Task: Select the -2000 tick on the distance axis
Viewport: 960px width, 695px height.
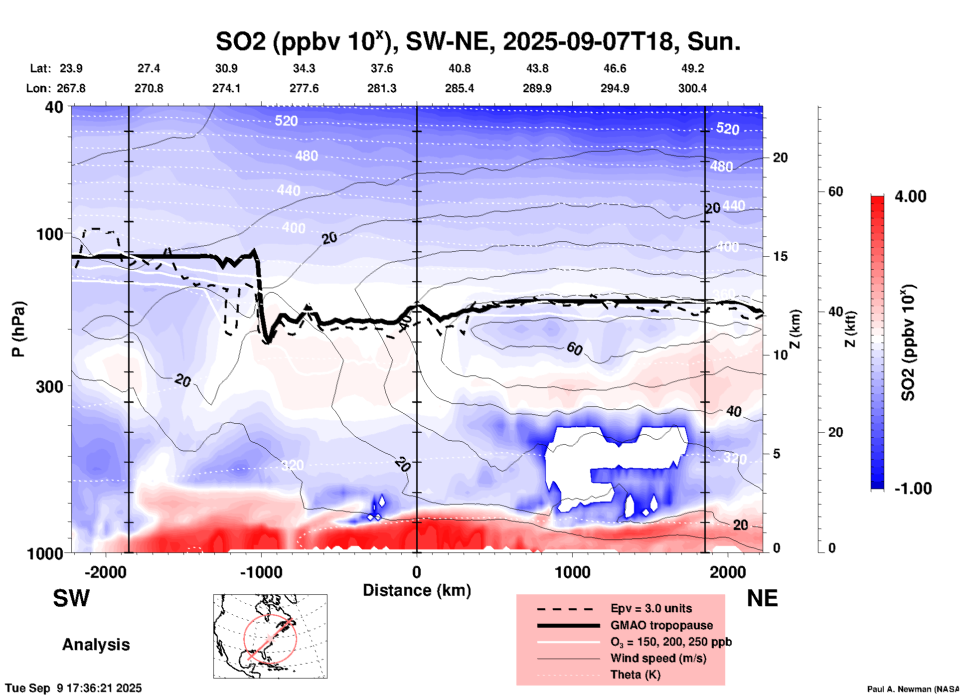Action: tap(105, 572)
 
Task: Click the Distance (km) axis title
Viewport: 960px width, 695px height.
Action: tap(417, 590)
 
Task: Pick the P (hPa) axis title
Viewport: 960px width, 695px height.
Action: tap(18, 329)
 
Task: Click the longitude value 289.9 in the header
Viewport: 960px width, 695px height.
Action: tap(537, 88)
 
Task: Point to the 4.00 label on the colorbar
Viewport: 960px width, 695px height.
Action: tap(910, 196)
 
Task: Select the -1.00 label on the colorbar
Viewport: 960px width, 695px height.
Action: tap(913, 489)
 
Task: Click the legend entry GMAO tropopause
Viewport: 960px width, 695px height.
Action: tap(661, 625)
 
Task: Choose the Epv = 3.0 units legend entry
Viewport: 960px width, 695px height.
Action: tap(651, 608)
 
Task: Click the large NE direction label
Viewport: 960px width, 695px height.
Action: tap(762, 598)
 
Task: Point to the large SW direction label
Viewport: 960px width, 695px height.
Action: tap(71, 598)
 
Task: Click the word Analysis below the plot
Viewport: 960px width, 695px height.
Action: tap(96, 645)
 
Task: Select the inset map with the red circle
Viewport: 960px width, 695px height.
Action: tap(270, 636)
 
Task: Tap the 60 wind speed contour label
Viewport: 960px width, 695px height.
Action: tap(574, 348)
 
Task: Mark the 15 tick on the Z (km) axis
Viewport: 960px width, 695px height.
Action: tap(780, 256)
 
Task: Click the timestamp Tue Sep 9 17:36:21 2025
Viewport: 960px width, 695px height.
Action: tap(73, 688)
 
